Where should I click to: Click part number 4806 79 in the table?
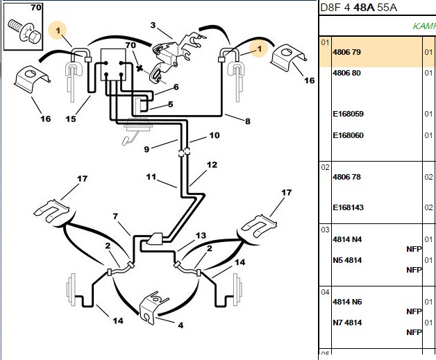(346, 52)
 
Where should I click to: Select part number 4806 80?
(346, 73)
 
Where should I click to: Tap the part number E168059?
(348, 114)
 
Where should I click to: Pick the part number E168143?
(348, 207)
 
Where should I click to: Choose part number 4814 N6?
(347, 302)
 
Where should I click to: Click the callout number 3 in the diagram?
(153, 25)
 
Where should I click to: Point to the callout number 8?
(247, 121)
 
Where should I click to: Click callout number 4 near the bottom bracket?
(181, 325)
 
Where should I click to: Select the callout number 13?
(201, 236)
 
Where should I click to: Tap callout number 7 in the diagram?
(115, 216)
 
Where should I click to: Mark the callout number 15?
(71, 119)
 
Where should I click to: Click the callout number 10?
(215, 135)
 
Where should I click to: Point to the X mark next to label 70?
(140, 68)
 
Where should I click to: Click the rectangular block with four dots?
(113, 65)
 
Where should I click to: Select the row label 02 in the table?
(325, 167)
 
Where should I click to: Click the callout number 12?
(212, 164)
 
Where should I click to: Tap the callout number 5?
(171, 105)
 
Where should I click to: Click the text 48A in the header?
(364, 7)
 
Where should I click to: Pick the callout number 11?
(151, 177)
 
